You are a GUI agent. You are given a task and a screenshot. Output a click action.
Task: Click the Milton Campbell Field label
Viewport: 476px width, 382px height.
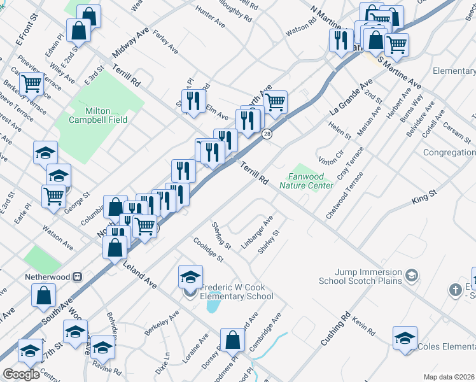(x=99, y=115)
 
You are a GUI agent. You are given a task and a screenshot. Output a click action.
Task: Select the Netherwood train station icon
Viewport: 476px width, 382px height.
(x=78, y=277)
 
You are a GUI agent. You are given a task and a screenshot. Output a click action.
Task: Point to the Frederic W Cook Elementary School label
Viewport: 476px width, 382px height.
(x=237, y=292)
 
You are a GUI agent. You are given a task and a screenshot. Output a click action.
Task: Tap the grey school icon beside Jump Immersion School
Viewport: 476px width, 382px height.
(x=412, y=275)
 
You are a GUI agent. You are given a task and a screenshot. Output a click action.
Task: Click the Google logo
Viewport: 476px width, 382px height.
(x=21, y=374)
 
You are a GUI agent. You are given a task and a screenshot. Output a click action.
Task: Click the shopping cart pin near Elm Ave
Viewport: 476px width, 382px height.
(x=275, y=102)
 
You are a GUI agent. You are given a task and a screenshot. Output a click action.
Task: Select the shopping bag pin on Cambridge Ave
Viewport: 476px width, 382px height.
(x=232, y=340)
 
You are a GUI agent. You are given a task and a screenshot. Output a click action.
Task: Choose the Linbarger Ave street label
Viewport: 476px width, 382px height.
(x=257, y=232)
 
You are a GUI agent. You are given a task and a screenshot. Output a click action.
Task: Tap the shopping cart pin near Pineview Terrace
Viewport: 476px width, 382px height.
(x=31, y=83)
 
